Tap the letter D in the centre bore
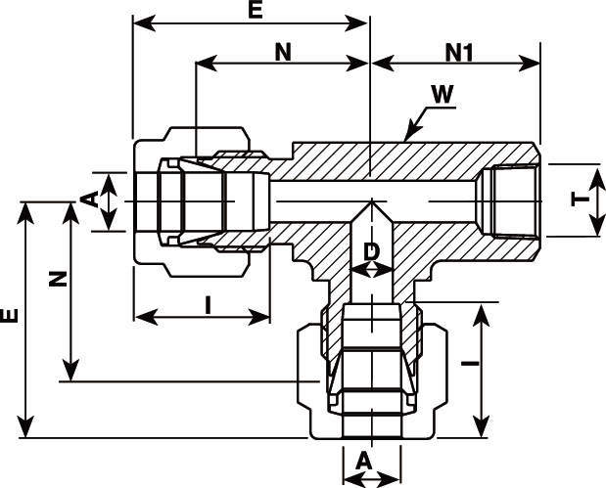(x=371, y=251)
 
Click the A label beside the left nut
(x=89, y=200)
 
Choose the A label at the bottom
(x=364, y=460)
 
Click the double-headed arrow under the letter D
(x=371, y=270)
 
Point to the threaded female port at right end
(x=508, y=200)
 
